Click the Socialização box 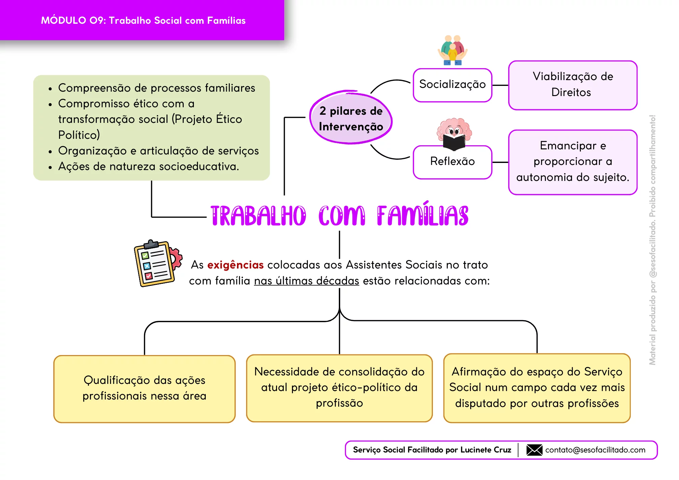click(x=453, y=85)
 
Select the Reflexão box click(x=453, y=162)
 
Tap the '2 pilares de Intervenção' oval click(x=351, y=118)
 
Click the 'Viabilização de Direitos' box click(x=573, y=85)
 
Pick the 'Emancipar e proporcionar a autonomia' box click(x=573, y=162)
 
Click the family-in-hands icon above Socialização click(x=453, y=50)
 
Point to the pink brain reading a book click(x=454, y=134)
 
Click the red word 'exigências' click(x=236, y=265)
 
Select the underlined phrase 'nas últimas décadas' click(x=307, y=281)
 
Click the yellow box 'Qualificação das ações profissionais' click(x=144, y=389)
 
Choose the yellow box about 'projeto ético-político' click(x=339, y=388)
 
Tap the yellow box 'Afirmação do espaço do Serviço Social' click(x=537, y=388)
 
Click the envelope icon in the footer click(x=534, y=450)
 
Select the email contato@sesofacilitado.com click(x=595, y=450)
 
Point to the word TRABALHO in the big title click(x=258, y=216)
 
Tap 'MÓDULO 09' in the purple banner click(x=73, y=20)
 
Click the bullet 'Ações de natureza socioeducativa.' click(x=149, y=166)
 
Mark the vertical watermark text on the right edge click(x=653, y=240)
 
